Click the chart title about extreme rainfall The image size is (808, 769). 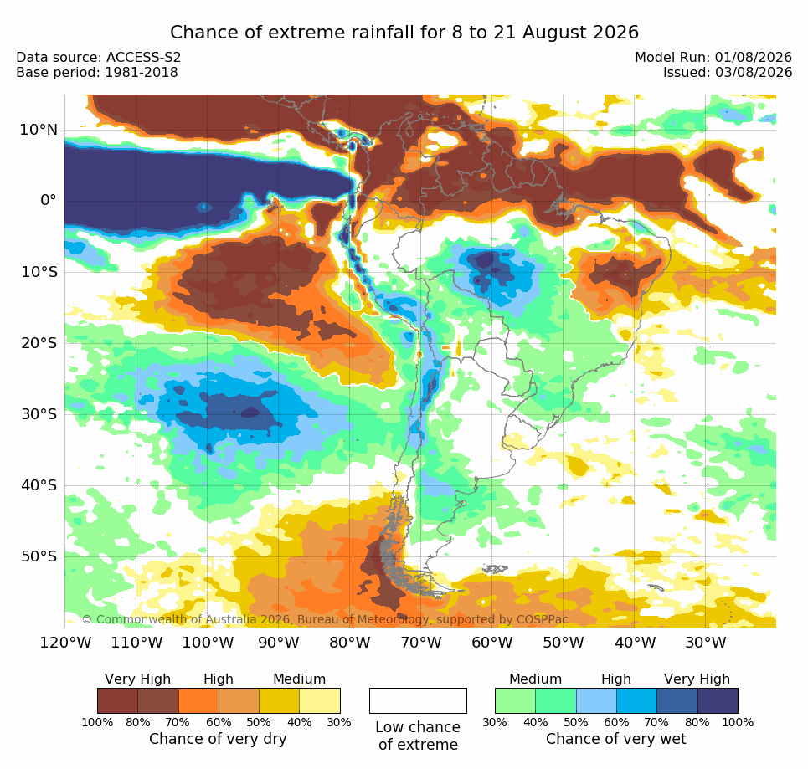pos(404,33)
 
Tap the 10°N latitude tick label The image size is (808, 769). pos(39,130)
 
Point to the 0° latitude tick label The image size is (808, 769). pos(49,200)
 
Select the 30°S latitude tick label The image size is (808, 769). pos(39,414)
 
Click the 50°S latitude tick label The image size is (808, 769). pos(39,556)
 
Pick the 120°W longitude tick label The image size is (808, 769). pos(65,643)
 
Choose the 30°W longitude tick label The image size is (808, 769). pos(706,643)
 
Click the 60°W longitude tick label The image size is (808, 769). pos(492,643)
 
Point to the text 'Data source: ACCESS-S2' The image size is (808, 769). pos(99,57)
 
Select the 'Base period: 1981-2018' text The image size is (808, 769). pos(97,73)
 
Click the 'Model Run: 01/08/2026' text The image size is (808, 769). pos(713,57)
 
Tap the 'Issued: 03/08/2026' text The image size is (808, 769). pos(728,73)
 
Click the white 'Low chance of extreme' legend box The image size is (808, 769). pos(418,701)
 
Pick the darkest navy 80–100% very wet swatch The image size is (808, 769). pos(718,701)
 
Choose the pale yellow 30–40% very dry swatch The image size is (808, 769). pos(320,701)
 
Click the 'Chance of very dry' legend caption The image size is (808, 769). pos(218,739)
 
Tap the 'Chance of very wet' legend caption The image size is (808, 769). pos(615,739)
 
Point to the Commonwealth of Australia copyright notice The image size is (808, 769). pos(325,619)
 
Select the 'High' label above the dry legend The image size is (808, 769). pos(219,679)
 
